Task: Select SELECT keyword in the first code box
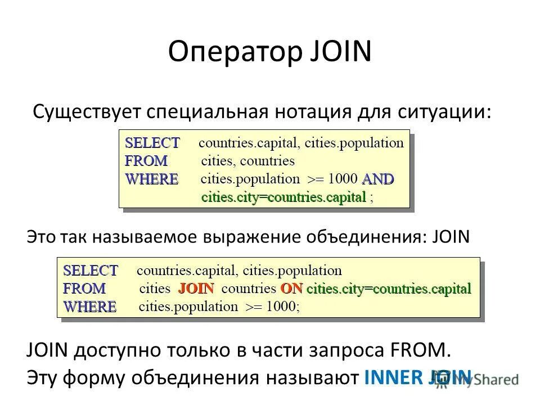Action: tap(152, 142)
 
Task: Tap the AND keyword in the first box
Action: tap(377, 179)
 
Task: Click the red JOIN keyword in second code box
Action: tap(196, 289)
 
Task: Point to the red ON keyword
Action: tap(291, 289)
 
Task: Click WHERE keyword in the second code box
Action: tap(89, 307)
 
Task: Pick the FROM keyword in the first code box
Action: tap(146, 161)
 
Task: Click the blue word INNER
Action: tap(393, 377)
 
